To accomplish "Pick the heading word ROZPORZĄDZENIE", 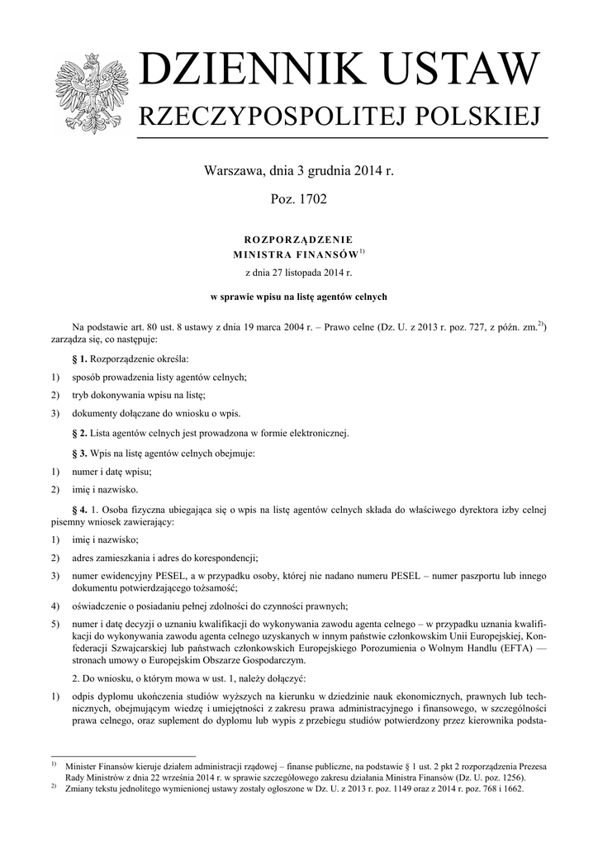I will click(298, 237).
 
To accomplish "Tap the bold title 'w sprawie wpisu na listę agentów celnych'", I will click(299, 296).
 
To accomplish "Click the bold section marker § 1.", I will click(79, 359).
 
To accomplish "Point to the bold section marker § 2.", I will click(79, 433).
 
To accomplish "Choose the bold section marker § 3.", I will click(79, 454).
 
